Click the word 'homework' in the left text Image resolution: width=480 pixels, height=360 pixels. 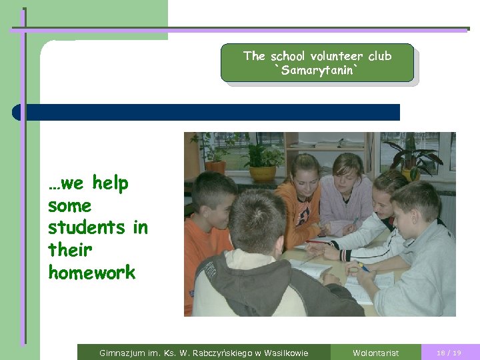pyautogui.click(x=91, y=272)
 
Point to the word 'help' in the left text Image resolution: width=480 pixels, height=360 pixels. pyautogui.click(x=110, y=183)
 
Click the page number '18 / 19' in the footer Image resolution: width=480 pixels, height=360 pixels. pyautogui.click(x=449, y=353)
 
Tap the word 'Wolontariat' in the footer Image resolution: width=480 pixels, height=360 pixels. pyautogui.click(x=375, y=353)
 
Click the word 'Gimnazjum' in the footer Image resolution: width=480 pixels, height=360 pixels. pyautogui.click(x=121, y=353)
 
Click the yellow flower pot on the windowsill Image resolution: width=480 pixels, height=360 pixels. pyautogui.click(x=262, y=173)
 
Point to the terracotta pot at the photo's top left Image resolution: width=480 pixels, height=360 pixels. pyautogui.click(x=215, y=167)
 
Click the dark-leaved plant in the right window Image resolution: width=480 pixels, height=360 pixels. pyautogui.click(x=416, y=159)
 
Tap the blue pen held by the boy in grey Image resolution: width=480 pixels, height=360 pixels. pyautogui.click(x=363, y=267)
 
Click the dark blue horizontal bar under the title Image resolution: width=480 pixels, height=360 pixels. pyautogui.click(x=207, y=112)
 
